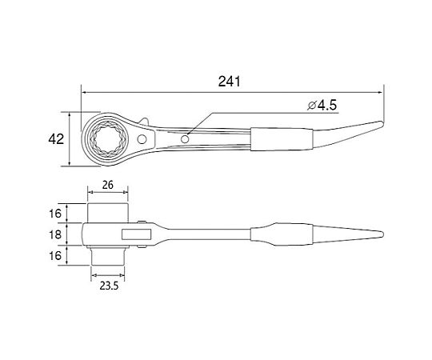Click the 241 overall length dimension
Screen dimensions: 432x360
tap(229, 82)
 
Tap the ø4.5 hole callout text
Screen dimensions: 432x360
tap(322, 106)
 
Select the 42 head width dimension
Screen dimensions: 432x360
tap(56, 139)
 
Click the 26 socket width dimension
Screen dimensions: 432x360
tap(108, 185)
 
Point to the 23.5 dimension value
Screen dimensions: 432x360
tap(109, 286)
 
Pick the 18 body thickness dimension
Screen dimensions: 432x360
tap(55, 234)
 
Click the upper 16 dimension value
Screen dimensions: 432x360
tap(55, 213)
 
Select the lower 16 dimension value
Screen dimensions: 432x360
tap(55, 256)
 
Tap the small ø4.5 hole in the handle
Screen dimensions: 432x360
tap(185, 139)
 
